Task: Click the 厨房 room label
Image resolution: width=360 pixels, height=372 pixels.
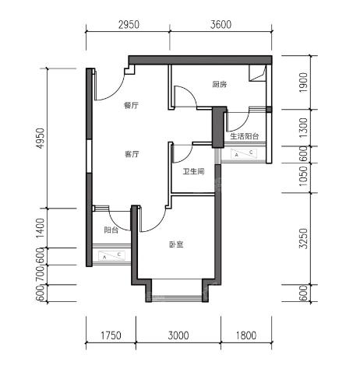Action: coord(220,84)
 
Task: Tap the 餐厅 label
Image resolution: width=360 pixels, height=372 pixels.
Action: coord(131,105)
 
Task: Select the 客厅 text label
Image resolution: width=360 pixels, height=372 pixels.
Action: coord(132,154)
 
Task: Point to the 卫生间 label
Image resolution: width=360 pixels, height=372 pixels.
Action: coord(193,171)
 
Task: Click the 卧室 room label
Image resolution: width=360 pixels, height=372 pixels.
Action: coord(176,244)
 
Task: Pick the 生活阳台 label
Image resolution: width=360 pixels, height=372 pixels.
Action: coord(245,136)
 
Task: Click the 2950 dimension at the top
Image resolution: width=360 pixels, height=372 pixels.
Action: coord(129,25)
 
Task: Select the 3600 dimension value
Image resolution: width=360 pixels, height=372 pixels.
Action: coord(221,25)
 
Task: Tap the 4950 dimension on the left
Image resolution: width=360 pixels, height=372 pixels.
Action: coord(41,139)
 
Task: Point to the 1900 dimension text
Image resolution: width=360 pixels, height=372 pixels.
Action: coord(303,83)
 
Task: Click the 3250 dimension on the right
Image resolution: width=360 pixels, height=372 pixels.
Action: coord(303,238)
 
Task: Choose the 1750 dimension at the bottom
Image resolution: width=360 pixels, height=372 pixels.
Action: coord(111,335)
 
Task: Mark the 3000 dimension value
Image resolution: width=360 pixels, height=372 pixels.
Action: coord(178,335)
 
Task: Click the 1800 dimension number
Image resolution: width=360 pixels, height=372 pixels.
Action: coord(246,335)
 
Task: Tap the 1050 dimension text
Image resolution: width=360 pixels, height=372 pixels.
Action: coord(303,177)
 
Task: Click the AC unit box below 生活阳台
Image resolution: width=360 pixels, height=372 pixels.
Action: coord(244,153)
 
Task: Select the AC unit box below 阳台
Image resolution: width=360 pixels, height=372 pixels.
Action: coord(111,256)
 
